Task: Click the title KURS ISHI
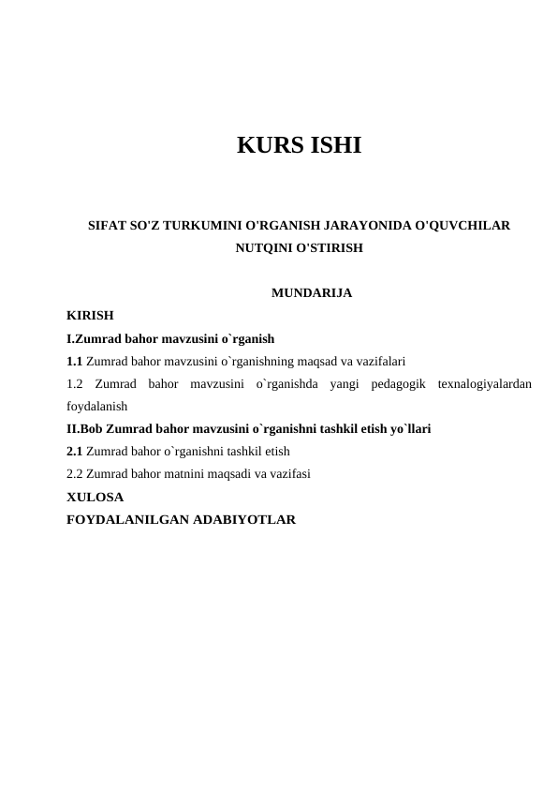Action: [x=299, y=146]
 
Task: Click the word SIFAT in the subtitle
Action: [x=107, y=227]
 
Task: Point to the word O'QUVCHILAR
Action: [x=462, y=227]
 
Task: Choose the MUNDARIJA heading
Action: [x=311, y=293]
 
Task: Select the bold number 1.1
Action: [x=75, y=361]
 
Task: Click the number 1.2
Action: [x=76, y=384]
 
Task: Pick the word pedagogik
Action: [x=398, y=384]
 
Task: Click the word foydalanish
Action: [x=97, y=408]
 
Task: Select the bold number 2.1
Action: [x=75, y=452]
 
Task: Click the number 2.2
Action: [x=76, y=474]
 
